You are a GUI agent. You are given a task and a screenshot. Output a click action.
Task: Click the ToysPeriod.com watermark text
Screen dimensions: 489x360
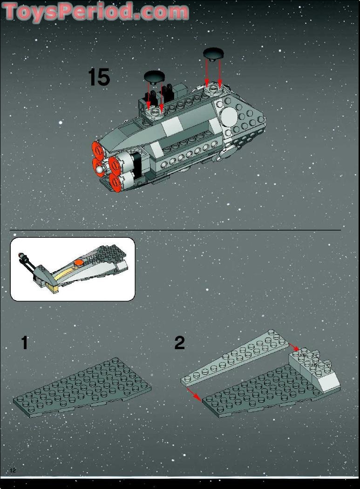[x=95, y=12]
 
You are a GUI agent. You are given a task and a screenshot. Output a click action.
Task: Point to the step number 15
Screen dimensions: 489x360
[x=99, y=77]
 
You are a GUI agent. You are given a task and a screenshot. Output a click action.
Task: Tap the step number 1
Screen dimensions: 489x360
[x=24, y=343]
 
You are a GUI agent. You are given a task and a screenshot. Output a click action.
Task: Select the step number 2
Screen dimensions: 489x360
[x=179, y=343]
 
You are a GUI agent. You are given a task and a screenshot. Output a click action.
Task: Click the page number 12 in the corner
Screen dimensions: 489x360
[x=13, y=470]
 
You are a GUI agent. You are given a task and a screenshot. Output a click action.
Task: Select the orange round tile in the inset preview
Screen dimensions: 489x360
[x=80, y=262]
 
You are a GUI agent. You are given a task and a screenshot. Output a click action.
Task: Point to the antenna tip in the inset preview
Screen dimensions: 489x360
[x=20, y=255]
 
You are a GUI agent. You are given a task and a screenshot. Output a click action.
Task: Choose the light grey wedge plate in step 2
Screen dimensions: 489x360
[x=233, y=359]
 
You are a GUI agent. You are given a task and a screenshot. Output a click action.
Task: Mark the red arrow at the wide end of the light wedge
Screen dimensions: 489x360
[x=293, y=347]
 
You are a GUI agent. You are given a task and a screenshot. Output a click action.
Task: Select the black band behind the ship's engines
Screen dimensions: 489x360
[x=136, y=165]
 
